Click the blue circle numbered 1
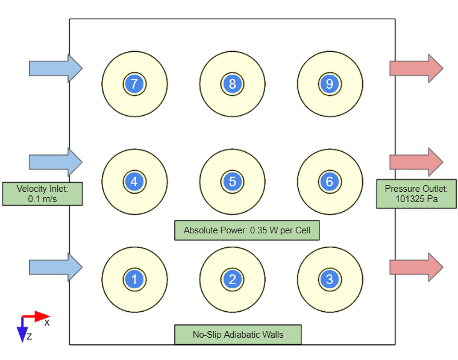[x=134, y=279]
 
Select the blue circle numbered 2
[x=232, y=279]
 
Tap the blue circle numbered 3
[x=329, y=279]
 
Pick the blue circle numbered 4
[x=134, y=182]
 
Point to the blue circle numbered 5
[x=232, y=182]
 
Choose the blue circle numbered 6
[x=329, y=182]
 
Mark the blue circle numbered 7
[x=134, y=84]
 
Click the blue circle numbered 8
[x=232, y=84]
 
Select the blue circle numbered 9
[x=329, y=84]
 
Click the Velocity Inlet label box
[x=42, y=194]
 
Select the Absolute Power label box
[x=247, y=230]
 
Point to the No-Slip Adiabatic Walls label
[x=237, y=335]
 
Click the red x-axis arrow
[x=37, y=315]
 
